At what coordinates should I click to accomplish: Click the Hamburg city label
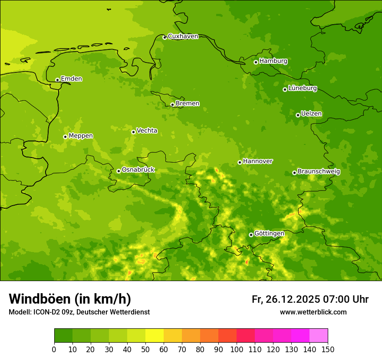273,61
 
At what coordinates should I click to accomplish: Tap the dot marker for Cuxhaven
165,37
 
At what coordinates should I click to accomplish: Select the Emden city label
71,79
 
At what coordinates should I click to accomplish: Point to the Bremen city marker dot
172,105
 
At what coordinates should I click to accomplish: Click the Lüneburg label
302,88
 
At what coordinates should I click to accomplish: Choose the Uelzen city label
311,114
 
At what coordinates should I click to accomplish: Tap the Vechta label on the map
147,131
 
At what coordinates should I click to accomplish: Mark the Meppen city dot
65,137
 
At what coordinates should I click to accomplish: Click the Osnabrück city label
138,170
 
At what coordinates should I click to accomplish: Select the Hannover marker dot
240,162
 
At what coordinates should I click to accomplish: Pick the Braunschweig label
319,172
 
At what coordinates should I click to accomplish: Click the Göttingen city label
269,234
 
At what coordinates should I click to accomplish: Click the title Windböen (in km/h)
70,299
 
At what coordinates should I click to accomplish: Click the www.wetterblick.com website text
313,312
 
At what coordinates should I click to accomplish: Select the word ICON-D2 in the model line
46,312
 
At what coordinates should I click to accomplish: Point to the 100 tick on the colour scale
237,349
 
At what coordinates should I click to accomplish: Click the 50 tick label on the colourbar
145,349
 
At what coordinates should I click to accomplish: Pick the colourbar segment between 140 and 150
319,336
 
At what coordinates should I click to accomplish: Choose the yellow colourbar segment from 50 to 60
155,336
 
